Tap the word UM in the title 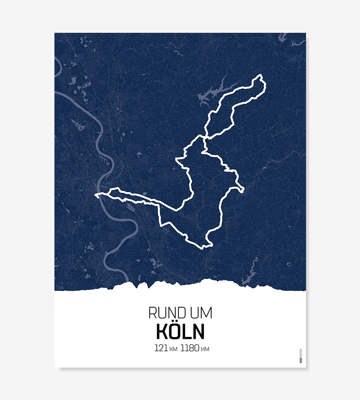tap(201, 313)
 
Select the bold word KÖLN tap(180, 331)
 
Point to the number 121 tap(161, 348)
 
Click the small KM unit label tap(173, 349)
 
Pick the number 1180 tap(190, 348)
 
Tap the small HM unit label tap(205, 349)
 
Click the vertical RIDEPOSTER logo tap(301, 356)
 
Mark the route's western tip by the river tap(96, 195)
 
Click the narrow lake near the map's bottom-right tap(250, 276)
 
